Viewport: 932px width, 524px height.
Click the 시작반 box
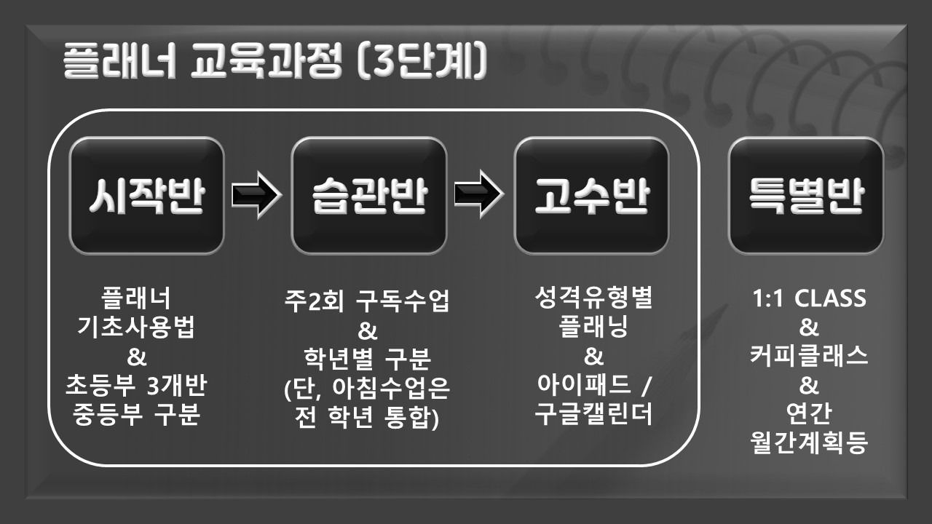click(x=146, y=196)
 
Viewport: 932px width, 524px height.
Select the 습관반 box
click(x=369, y=196)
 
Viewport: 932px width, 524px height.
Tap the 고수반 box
click(x=592, y=196)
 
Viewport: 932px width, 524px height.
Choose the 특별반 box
click(x=806, y=196)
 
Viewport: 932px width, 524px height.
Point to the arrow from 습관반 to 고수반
click(x=479, y=194)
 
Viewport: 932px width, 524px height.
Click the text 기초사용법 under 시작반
click(x=136, y=327)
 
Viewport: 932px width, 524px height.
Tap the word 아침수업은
click(x=391, y=389)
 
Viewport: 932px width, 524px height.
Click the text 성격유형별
click(x=593, y=298)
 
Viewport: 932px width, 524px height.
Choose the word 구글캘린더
click(x=593, y=414)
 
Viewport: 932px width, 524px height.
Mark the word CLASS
click(x=830, y=298)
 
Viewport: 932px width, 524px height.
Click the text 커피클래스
click(x=809, y=356)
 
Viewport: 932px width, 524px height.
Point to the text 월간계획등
click(x=809, y=442)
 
